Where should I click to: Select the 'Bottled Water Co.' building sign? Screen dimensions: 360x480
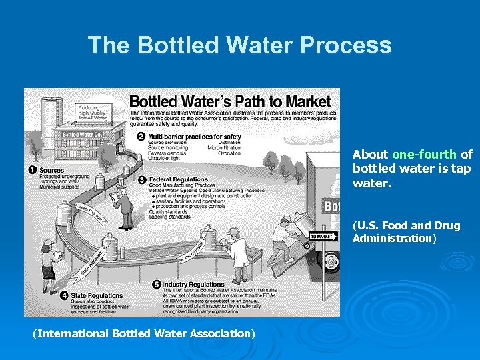(80, 134)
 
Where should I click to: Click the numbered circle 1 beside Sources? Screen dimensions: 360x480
(32, 170)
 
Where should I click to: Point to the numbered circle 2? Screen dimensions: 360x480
(141, 137)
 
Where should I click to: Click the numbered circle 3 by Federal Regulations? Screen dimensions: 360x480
(141, 180)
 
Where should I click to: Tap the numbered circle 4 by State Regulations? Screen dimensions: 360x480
(64, 295)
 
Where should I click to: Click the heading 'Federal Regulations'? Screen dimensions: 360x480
(177, 180)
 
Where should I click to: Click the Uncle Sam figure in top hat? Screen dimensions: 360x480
(121, 203)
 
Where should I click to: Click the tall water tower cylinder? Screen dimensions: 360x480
(51, 117)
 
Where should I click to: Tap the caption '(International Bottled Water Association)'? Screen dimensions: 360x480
(144, 333)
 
